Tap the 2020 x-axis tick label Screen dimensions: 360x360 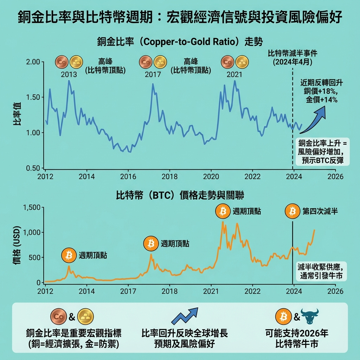[211, 176]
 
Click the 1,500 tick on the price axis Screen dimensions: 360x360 [32, 207]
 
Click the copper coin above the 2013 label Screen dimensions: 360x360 [62, 62]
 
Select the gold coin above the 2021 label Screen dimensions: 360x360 [242, 62]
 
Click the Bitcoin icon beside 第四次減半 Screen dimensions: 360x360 [292, 211]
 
